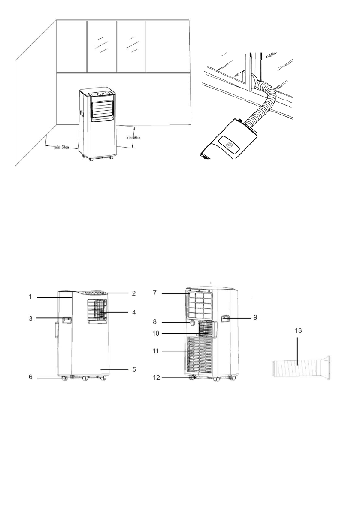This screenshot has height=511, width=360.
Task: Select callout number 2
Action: pos(133,293)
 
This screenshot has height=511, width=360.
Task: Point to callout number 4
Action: pos(133,312)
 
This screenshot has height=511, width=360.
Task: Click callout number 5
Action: pos(133,369)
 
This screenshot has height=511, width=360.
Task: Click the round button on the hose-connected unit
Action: pos(230,145)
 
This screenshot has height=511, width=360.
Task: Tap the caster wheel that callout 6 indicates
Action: pos(64,378)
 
